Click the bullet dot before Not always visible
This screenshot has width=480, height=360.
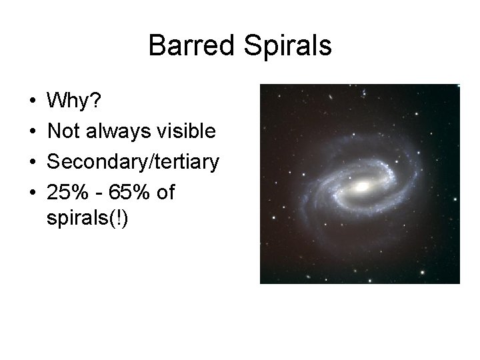33,132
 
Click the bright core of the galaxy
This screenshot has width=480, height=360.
364,187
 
